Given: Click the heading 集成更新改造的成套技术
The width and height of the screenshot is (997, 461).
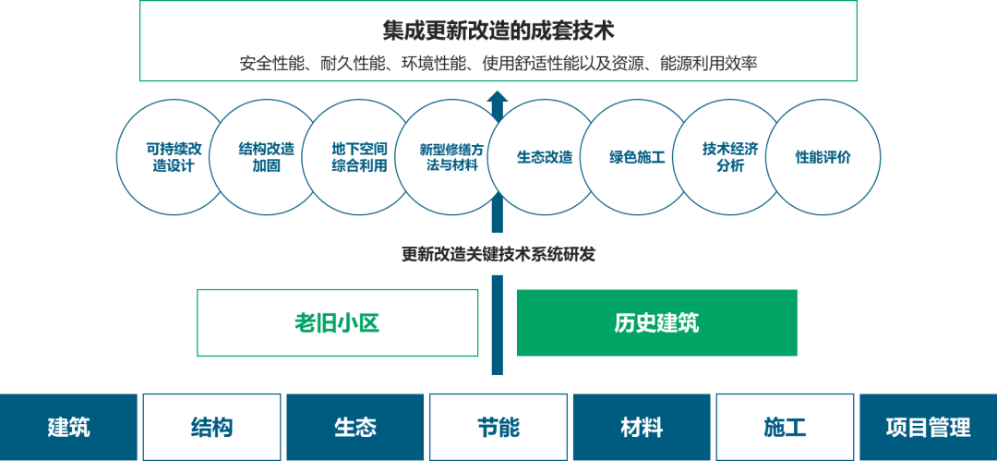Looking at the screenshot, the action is click(x=498, y=30).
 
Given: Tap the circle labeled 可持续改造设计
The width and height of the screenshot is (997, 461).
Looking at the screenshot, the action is click(x=173, y=157).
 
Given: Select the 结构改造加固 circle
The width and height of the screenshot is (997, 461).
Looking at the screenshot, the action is click(x=266, y=157).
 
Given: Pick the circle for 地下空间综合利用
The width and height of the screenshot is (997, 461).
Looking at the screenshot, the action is click(x=358, y=157).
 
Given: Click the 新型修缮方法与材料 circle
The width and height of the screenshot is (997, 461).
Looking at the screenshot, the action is click(x=451, y=157).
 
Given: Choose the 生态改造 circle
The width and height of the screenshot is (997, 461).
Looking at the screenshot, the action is click(x=545, y=157).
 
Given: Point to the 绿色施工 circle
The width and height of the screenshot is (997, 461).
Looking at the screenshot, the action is click(x=637, y=157).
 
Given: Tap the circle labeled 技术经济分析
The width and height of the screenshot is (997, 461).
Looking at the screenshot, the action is click(x=730, y=157).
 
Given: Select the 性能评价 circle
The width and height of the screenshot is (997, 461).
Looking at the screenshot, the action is click(x=823, y=157).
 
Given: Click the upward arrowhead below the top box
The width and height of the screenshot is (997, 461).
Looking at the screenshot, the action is click(x=498, y=97).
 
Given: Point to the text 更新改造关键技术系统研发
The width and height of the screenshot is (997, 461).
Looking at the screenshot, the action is click(x=498, y=254).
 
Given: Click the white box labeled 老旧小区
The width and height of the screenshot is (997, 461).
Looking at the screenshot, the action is click(x=337, y=322).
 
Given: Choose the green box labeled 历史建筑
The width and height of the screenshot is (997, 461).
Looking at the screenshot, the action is click(x=657, y=322).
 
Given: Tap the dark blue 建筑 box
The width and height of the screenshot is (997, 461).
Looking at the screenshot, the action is click(x=68, y=427).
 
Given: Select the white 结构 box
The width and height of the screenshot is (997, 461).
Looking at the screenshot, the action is click(x=211, y=427).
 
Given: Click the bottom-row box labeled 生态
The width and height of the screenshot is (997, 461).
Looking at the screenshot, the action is click(x=354, y=427).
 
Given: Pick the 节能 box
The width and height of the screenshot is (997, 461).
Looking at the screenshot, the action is click(x=498, y=427).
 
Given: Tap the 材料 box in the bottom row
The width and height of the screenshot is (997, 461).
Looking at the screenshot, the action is click(x=642, y=427).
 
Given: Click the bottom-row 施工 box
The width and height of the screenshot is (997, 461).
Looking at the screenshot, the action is click(x=786, y=427).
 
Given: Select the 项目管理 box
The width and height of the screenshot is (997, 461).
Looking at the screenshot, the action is click(x=929, y=427).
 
